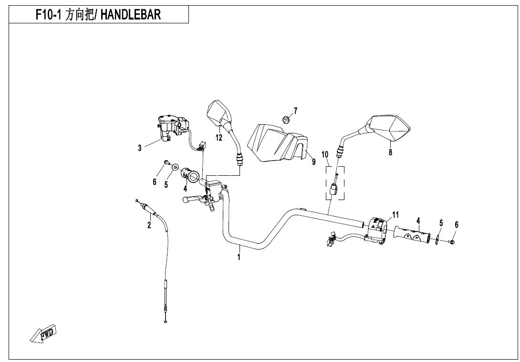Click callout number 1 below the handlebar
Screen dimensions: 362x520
[x=239, y=257]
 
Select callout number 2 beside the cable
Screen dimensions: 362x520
[x=149, y=225]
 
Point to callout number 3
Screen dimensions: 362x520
[x=140, y=148]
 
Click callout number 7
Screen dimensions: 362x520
[x=296, y=111]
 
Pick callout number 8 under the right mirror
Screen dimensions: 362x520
[x=390, y=152]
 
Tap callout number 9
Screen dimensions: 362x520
[x=313, y=162]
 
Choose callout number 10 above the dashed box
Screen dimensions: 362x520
[x=325, y=154]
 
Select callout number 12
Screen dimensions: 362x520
[x=219, y=138]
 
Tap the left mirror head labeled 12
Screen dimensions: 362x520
[x=220, y=112]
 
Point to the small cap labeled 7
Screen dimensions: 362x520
[x=286, y=119]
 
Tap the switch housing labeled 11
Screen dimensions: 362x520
[x=379, y=230]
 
